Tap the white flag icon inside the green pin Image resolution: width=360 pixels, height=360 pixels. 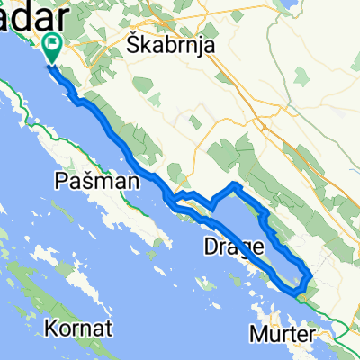click(51, 42)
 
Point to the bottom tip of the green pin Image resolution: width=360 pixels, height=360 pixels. click(51, 63)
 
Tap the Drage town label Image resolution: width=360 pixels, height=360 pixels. click(233, 245)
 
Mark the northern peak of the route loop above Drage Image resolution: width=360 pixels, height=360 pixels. click(235, 184)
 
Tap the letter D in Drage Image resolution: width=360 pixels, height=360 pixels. click(211, 245)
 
